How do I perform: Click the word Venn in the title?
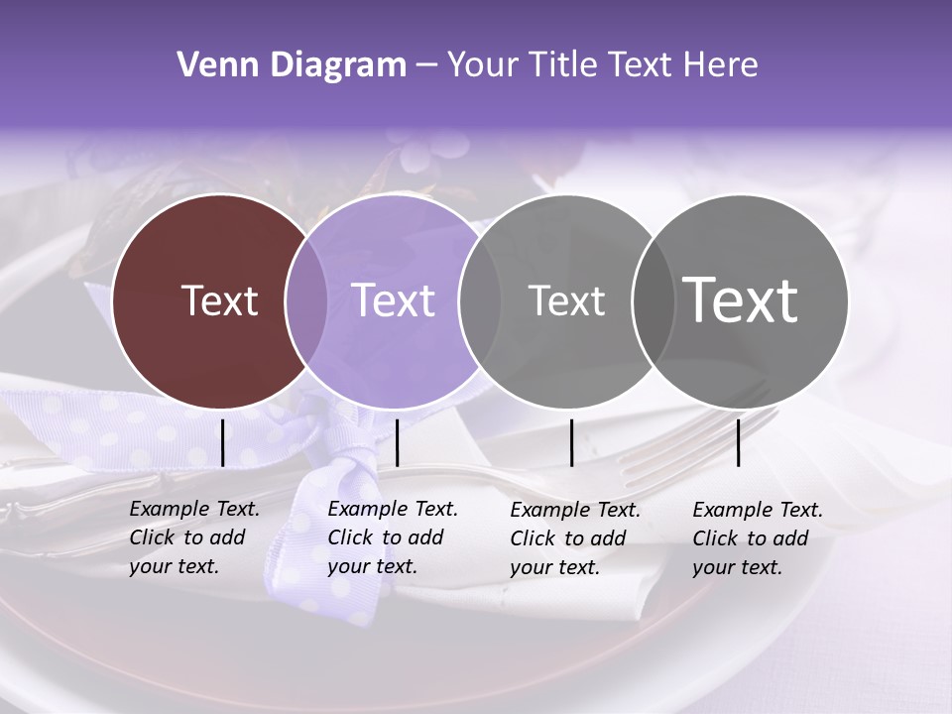[207, 65]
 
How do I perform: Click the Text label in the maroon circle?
[219, 300]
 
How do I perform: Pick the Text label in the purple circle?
[393, 300]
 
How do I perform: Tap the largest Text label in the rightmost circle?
[741, 299]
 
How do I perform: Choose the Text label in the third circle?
[566, 300]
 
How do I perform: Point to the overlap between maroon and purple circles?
[306, 300]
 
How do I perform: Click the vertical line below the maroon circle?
[222, 442]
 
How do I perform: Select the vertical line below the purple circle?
[397, 442]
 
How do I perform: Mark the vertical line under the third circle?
[571, 442]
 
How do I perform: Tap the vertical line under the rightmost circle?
[738, 442]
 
